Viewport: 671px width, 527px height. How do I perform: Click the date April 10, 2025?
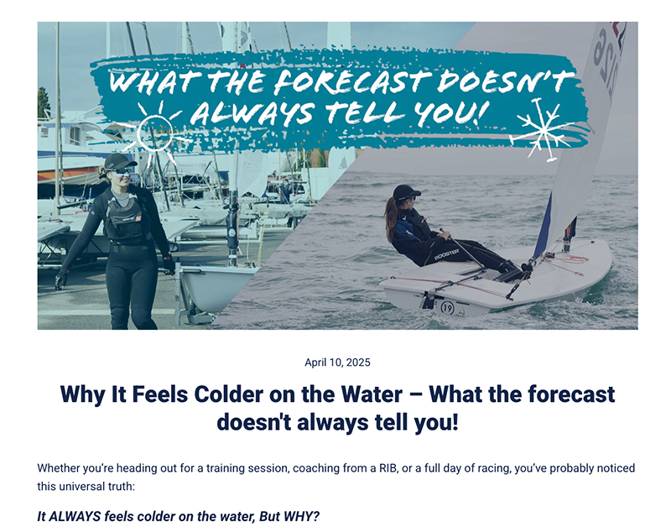click(x=337, y=363)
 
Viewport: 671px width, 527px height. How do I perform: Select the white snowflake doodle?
click(x=539, y=128)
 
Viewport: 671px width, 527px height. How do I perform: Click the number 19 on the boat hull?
click(x=447, y=307)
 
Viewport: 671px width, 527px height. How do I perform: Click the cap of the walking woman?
click(x=118, y=160)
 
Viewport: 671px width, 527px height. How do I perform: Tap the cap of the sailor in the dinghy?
click(x=405, y=192)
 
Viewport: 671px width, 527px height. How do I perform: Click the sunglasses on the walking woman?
click(x=122, y=170)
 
